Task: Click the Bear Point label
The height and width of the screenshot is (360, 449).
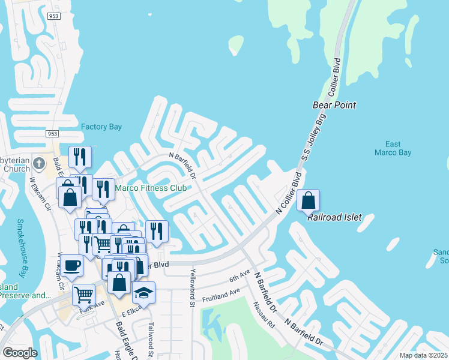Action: [334, 105]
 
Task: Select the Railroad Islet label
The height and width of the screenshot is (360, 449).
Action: [334, 217]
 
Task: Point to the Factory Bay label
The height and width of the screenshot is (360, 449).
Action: [101, 127]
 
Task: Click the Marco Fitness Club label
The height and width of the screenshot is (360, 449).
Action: [151, 187]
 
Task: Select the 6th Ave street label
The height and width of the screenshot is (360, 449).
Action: [239, 277]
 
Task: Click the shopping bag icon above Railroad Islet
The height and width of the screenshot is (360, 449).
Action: [308, 200]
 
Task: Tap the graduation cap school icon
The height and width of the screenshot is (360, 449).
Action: [143, 292]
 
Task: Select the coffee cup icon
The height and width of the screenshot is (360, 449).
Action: [71, 265]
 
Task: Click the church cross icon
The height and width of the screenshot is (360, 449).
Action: [39, 163]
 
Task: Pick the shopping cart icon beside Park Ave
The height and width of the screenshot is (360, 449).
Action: [83, 295]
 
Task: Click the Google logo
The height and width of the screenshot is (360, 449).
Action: [20, 353]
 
